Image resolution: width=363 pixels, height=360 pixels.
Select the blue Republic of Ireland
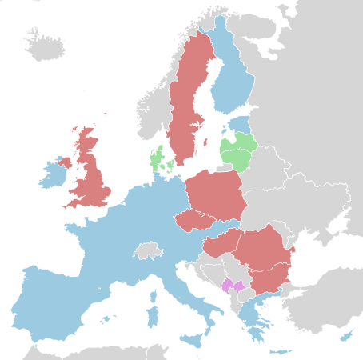click(x=52, y=174)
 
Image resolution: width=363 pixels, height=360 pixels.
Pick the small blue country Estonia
click(x=240, y=125)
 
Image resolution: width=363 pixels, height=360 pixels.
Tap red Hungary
click(x=221, y=245)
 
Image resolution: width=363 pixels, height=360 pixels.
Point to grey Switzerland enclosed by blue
click(x=148, y=250)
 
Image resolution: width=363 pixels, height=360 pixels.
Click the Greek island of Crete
click(x=281, y=351)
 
